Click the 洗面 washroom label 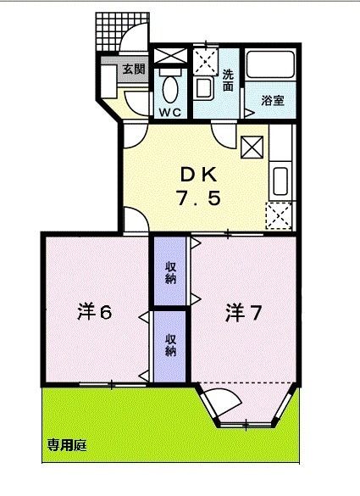[x=228, y=79]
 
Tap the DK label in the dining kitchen [x=201, y=176]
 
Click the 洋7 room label [x=242, y=312]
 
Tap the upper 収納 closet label [x=170, y=272]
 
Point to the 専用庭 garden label [x=68, y=443]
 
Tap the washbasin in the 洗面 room [x=204, y=88]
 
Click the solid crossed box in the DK [x=252, y=148]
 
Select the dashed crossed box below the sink [x=279, y=217]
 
